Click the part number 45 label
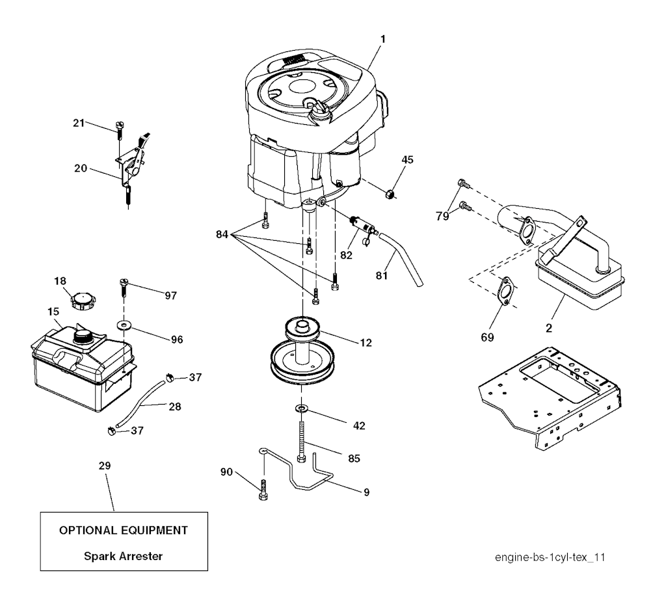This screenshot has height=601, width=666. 407,160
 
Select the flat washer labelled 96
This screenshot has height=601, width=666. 124,325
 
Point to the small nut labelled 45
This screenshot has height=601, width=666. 390,195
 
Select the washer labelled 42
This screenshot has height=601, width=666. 301,408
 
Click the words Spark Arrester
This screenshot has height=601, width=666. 123,556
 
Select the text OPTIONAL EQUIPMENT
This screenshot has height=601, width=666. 123,530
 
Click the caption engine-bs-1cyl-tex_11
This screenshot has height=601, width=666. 550,557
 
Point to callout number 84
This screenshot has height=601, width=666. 222,234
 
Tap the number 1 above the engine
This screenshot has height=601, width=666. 382,39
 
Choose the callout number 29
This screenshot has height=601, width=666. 105,466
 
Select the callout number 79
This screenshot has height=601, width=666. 442,216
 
